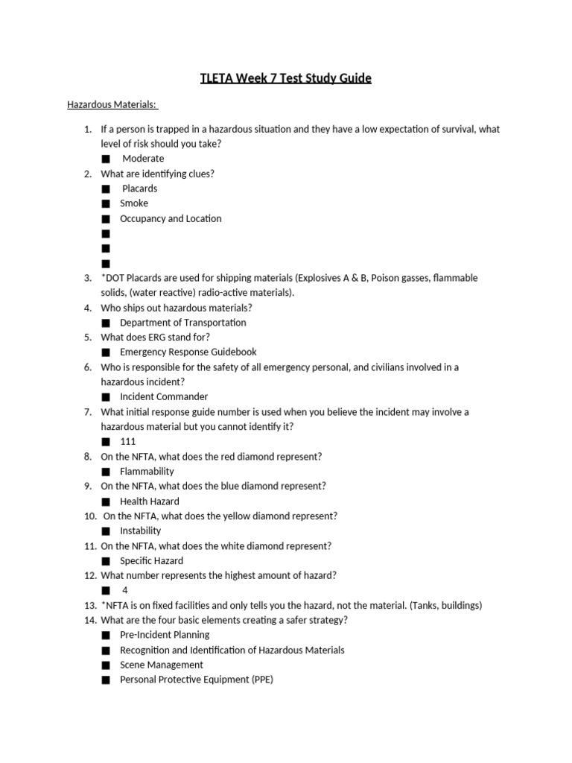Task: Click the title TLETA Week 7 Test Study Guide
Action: [285, 77]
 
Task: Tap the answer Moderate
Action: [143, 159]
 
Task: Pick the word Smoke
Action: [134, 203]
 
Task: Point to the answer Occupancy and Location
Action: [171, 218]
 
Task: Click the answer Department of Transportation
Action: [182, 323]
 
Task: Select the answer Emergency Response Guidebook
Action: [188, 352]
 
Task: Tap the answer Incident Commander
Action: [164, 396]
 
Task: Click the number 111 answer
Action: [128, 441]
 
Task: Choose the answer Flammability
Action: [147, 471]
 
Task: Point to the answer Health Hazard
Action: [149, 501]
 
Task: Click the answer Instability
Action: [140, 531]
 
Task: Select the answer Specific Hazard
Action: [151, 560]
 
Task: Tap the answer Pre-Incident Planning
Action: [165, 635]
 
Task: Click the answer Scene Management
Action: [161, 665]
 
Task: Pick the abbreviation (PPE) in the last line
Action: [259, 680]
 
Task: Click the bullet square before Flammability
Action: [105, 472]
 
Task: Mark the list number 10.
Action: [89, 516]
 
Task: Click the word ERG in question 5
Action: [159, 337]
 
